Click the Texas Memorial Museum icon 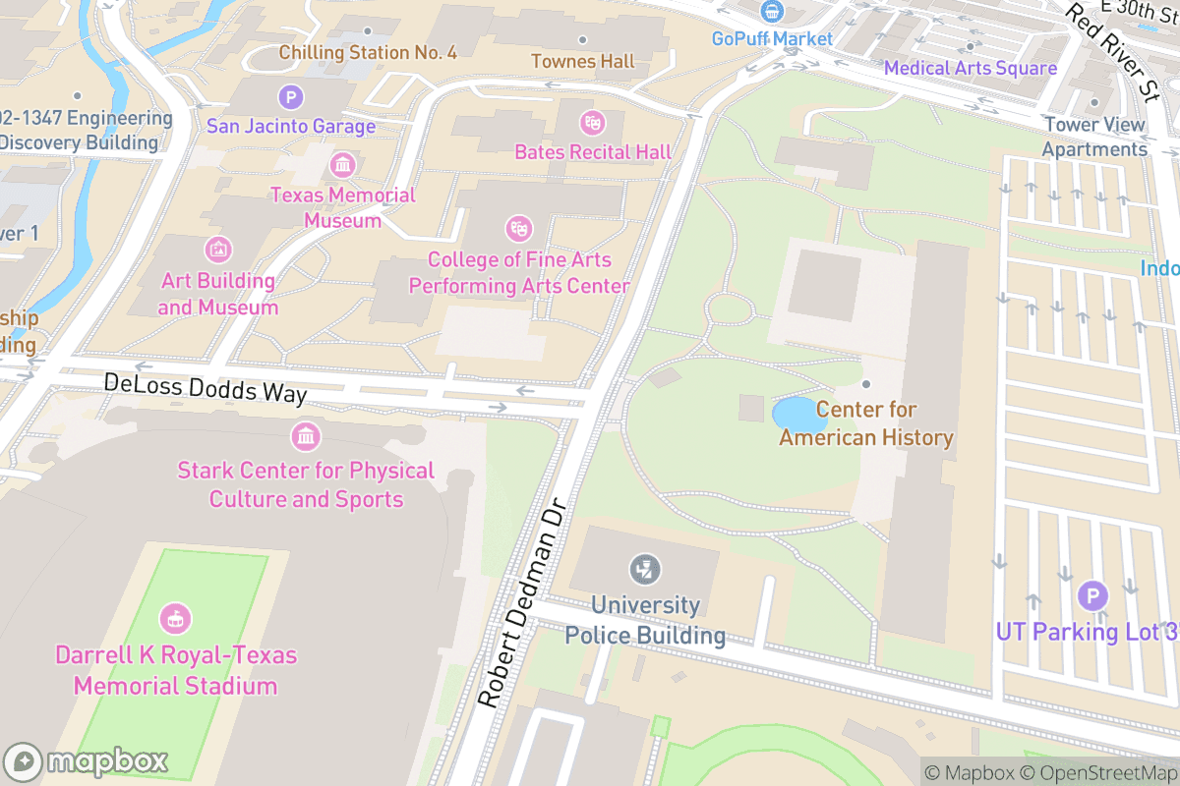point(342,164)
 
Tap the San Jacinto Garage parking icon point(290,97)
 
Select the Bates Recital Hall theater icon point(592,123)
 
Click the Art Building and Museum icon point(217,250)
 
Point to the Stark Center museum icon point(306,435)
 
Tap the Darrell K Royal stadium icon point(176,619)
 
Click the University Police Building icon point(645,569)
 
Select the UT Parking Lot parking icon point(1091,595)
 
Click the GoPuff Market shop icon point(773,12)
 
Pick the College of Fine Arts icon point(518,229)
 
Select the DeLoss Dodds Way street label point(206,388)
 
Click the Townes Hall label point(583,61)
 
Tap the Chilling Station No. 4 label point(368,52)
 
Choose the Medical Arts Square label point(970,68)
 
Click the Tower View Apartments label point(1094,137)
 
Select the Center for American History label point(866,423)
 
